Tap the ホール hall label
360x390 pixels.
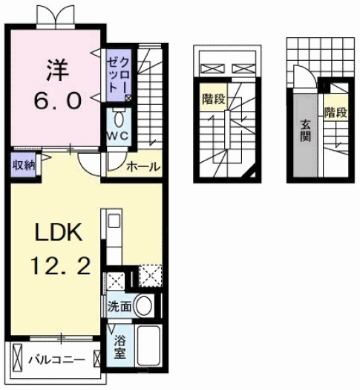point(143,166)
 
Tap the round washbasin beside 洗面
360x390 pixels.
point(146,305)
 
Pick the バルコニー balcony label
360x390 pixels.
point(56,360)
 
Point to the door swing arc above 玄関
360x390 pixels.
point(301,77)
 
